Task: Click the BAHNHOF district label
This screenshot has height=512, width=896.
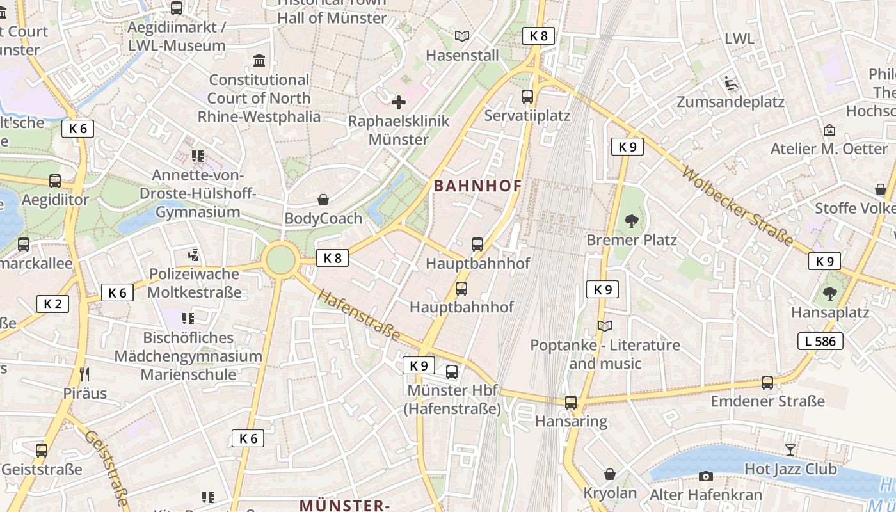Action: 477,186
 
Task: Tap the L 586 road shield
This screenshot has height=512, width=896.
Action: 820,341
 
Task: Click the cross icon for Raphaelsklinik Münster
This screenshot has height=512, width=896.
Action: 399,102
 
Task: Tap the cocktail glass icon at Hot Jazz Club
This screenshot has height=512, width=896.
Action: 790,449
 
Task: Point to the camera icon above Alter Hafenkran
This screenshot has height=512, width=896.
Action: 706,476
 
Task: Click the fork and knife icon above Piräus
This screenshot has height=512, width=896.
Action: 84,374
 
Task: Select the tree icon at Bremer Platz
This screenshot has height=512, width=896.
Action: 632,221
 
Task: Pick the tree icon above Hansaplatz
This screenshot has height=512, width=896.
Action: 830,294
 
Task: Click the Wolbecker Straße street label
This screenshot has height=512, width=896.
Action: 737,206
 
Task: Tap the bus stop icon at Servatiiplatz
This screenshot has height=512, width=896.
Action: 527,97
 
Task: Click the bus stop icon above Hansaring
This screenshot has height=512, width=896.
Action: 571,403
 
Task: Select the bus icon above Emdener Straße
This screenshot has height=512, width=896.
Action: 767,383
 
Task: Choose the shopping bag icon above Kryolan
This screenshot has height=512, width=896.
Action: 610,474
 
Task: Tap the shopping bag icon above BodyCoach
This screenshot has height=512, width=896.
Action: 324,200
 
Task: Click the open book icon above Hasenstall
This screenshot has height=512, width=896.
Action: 461,36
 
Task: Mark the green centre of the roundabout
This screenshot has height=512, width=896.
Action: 280,260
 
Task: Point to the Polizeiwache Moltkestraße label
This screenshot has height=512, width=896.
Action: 194,283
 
